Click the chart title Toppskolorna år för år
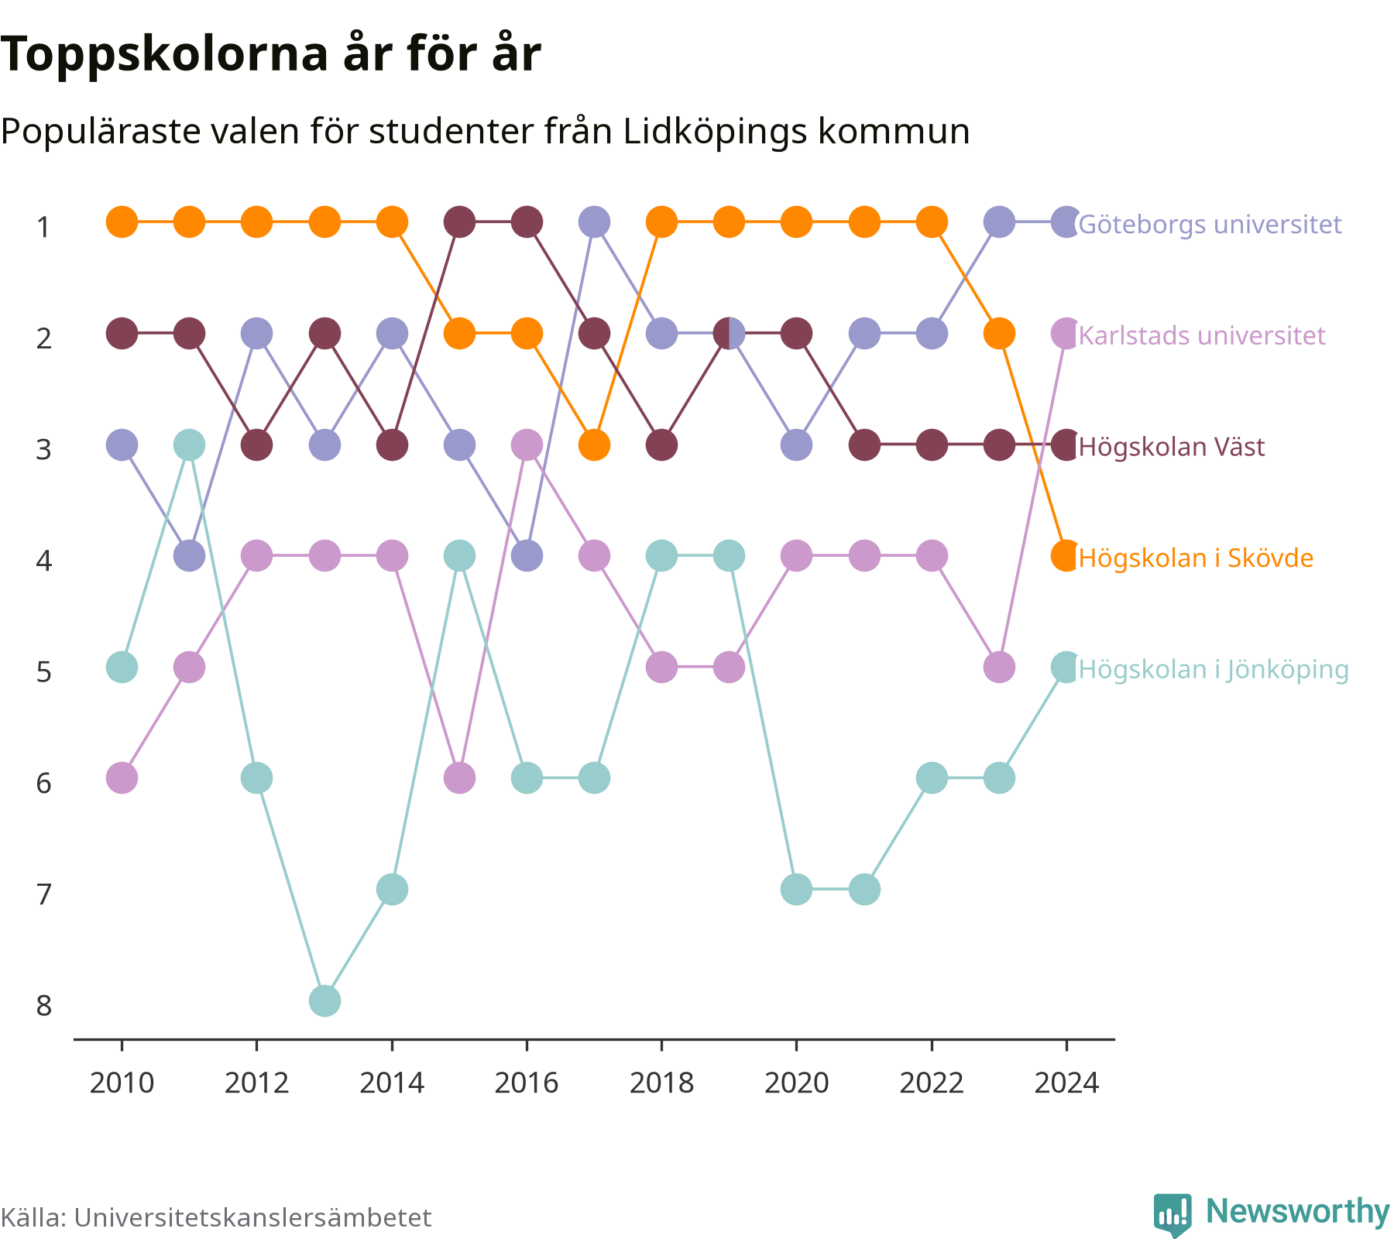coord(270,56)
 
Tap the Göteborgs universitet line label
coord(1210,225)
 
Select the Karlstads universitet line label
coord(1202,336)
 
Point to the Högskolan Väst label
coord(1172,447)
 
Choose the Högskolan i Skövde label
coord(1196,558)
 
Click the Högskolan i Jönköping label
coord(1214,669)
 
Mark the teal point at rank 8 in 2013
coord(324,1000)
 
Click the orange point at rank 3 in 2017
coord(594,444)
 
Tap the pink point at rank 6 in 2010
coord(122,777)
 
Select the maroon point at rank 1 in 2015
coord(459,222)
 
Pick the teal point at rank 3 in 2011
coord(189,444)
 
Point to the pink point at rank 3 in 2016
coord(527,444)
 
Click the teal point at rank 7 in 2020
coord(796,889)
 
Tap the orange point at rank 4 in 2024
coord(1066,556)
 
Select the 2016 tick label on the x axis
coord(527,1083)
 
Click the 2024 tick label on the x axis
coord(1066,1083)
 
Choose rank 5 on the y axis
coord(44,672)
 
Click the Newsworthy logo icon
coord(1173,1214)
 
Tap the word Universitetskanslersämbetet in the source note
coord(252,1218)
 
